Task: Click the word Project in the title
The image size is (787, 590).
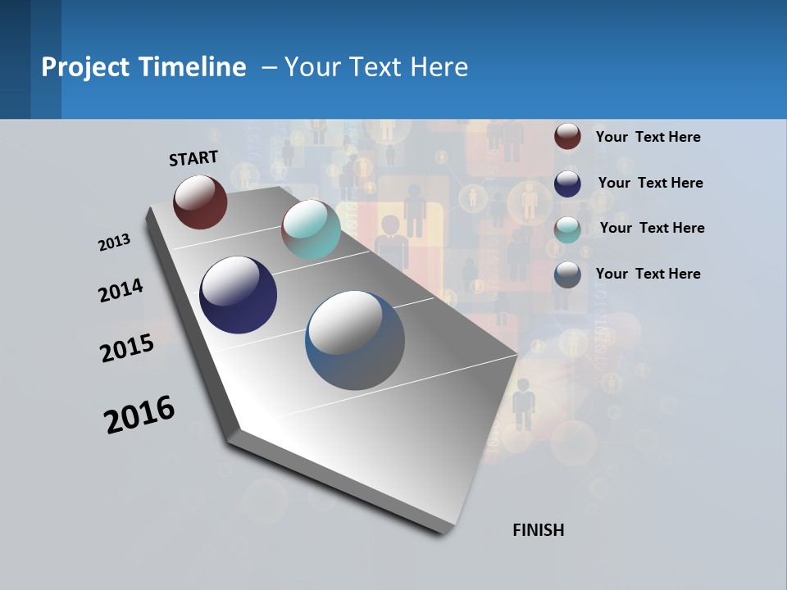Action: click(84, 67)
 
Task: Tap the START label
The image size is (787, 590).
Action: click(193, 158)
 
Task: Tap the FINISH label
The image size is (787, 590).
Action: click(538, 530)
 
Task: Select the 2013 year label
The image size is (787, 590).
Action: click(114, 243)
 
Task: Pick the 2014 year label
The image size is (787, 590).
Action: click(121, 291)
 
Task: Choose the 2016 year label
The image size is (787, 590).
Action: click(139, 415)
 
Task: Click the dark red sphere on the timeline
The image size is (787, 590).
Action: click(200, 202)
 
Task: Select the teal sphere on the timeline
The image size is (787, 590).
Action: click(311, 229)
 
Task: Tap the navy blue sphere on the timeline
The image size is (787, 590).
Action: click(238, 295)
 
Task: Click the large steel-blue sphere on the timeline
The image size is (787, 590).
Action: click(355, 340)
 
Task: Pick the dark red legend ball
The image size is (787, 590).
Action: click(567, 136)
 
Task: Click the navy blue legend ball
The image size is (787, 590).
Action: click(567, 183)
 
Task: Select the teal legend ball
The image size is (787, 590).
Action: click(567, 229)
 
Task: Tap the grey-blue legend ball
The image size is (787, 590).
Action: click(567, 275)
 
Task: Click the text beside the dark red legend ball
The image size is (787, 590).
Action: click(648, 137)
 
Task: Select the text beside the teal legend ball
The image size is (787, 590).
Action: click(652, 228)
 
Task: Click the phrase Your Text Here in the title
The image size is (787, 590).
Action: click(376, 67)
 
